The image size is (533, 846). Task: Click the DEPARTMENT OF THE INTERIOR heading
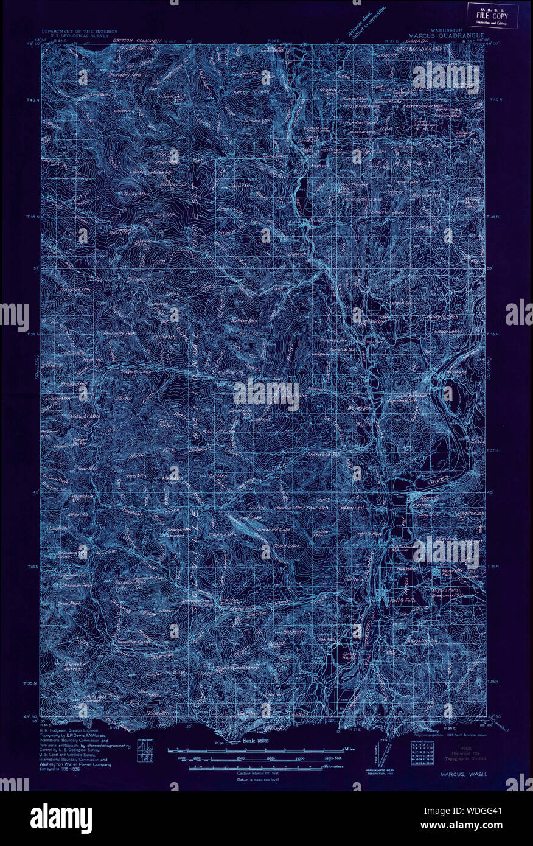[x=78, y=30]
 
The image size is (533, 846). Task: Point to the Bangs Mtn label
[x=423, y=641]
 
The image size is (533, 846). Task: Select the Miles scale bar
[x=256, y=748]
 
